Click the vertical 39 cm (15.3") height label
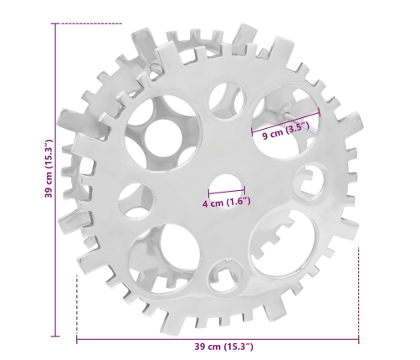(49, 168)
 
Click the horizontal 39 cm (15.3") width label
(223, 347)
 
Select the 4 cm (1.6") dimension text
(226, 203)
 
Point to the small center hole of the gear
(227, 192)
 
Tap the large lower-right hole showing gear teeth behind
(284, 243)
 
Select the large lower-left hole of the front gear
(165, 258)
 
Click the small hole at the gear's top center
(227, 99)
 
